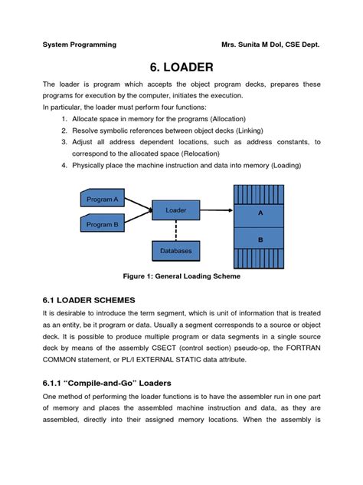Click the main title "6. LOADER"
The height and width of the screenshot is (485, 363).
click(x=181, y=67)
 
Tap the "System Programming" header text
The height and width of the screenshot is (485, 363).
click(x=79, y=45)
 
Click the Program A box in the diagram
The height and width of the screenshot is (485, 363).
click(x=102, y=199)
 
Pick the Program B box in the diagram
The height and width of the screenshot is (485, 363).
click(x=102, y=224)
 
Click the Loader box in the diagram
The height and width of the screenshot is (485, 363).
click(x=176, y=210)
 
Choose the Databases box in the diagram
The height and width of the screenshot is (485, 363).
click(x=176, y=251)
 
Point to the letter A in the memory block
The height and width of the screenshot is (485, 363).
click(x=260, y=213)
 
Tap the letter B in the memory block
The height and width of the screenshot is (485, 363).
click(x=260, y=239)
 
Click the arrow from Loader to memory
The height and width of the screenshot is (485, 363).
click(x=217, y=210)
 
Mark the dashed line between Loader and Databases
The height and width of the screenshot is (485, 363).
click(x=176, y=229)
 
